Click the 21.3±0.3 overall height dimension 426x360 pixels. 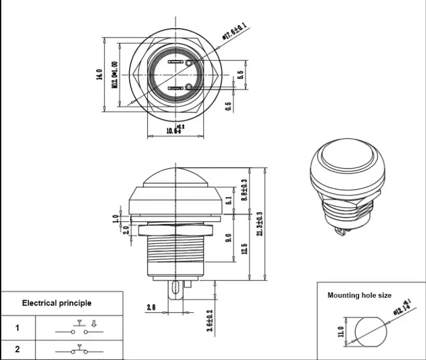[259, 223]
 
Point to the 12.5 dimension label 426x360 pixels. [244, 248]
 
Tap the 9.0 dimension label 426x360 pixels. [229, 239]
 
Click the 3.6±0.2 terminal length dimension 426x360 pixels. [209, 321]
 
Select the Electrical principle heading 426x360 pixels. [57, 303]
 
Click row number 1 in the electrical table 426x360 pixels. [17, 328]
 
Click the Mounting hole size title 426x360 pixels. [359, 295]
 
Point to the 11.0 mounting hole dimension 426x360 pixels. [340, 331]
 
